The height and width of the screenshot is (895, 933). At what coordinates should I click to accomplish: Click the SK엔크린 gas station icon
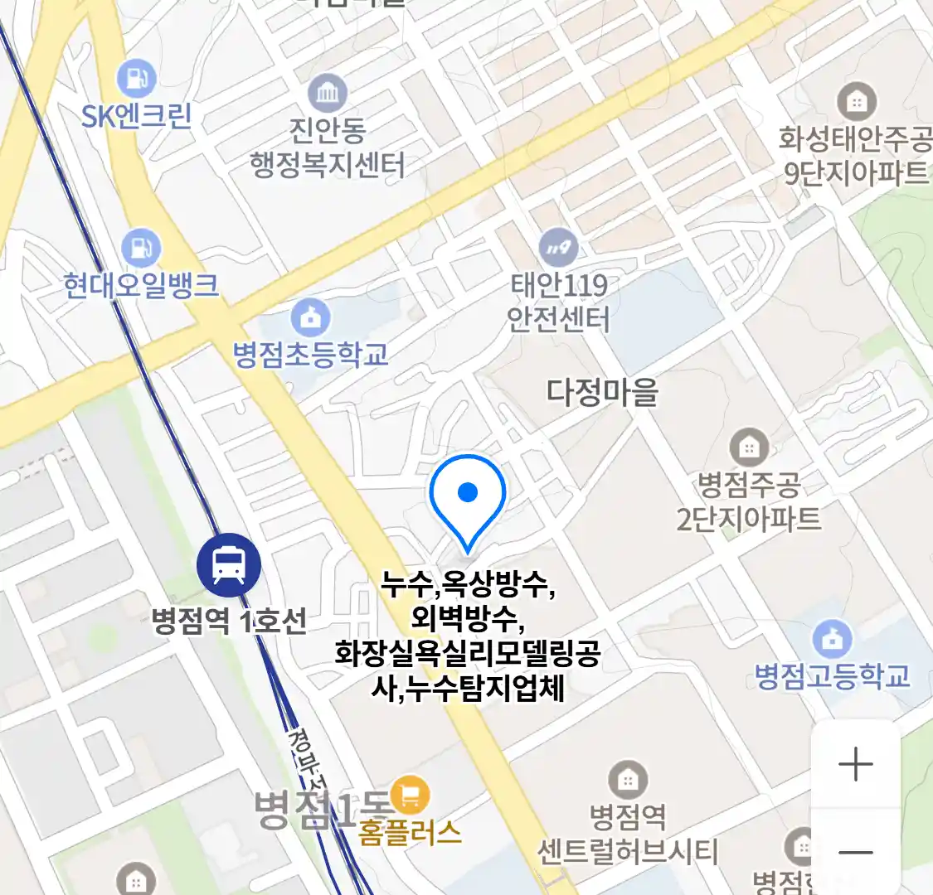point(136,79)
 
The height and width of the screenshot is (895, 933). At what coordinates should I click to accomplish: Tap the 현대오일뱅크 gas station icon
point(140,248)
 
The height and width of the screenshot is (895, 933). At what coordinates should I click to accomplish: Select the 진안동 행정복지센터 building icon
point(328,93)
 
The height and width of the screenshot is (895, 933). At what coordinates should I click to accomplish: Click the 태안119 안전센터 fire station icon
point(558,246)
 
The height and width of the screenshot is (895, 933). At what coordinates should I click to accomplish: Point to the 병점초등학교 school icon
point(311,317)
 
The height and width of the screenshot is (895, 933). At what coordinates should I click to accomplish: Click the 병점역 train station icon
point(229,565)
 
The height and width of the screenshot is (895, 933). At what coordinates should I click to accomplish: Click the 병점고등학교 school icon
point(832,639)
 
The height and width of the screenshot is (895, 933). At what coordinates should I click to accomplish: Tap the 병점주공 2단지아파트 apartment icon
point(749,448)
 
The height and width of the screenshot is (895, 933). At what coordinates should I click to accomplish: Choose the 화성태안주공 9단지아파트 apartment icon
point(856,102)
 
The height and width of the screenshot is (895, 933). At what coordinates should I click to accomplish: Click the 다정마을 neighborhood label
point(602,391)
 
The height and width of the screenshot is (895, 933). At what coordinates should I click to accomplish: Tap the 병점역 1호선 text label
point(229,621)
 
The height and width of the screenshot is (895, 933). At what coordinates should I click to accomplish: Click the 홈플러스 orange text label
point(410,831)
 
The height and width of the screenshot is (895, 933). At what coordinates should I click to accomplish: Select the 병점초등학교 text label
point(311,355)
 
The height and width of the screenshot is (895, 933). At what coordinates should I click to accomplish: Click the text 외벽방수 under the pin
point(467,619)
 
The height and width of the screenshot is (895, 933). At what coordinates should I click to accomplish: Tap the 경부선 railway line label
point(309,762)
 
